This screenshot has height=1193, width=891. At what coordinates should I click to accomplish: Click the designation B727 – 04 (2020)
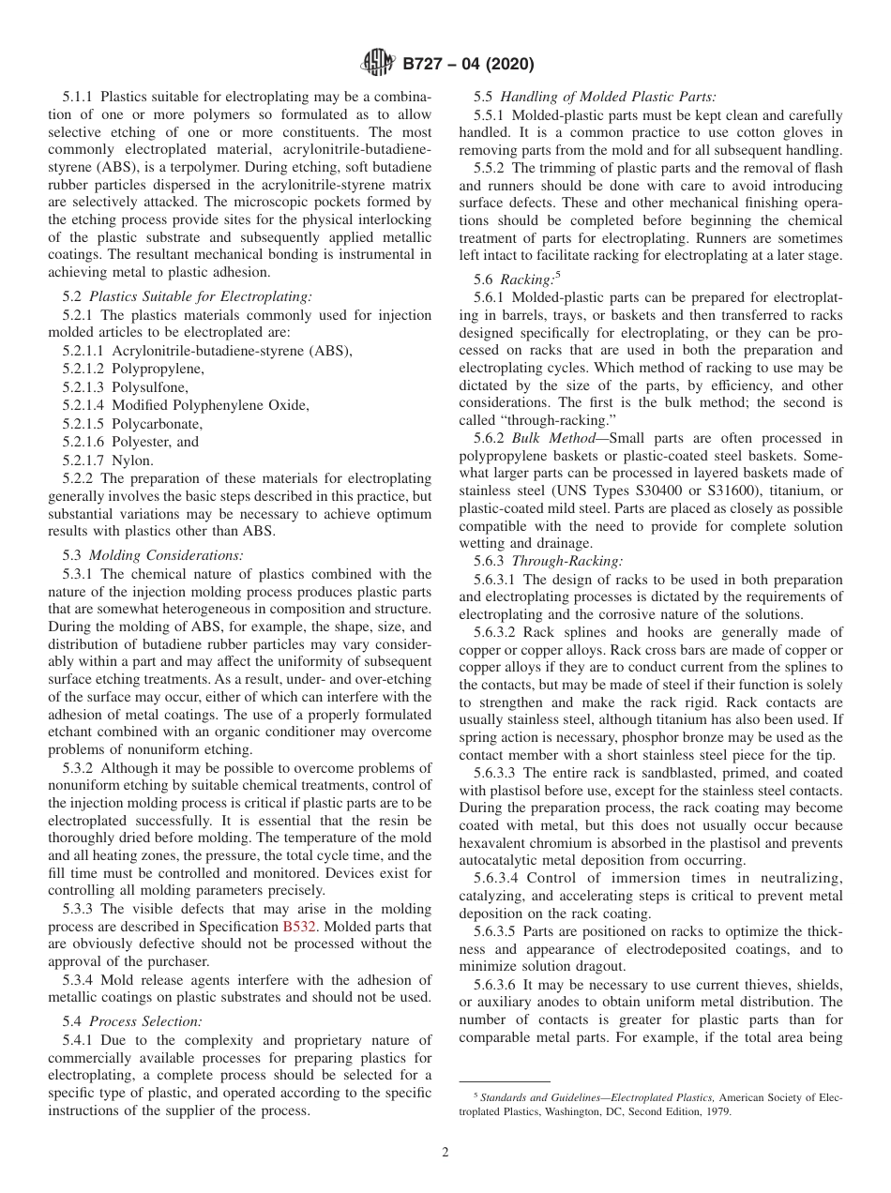pyautogui.click(x=467, y=65)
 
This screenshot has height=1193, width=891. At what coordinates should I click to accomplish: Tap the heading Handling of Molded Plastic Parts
pyautogui.click(x=608, y=96)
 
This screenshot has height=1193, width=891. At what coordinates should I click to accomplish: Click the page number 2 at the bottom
pyautogui.click(x=445, y=1153)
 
